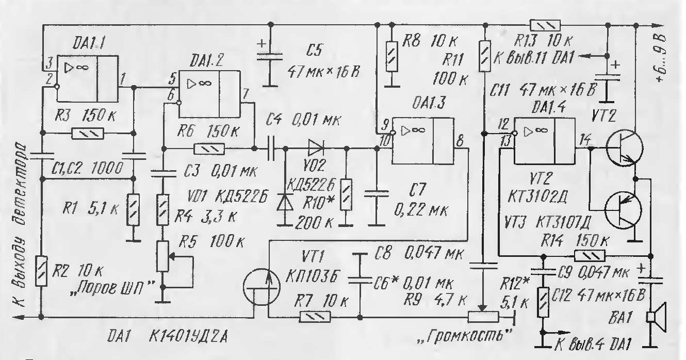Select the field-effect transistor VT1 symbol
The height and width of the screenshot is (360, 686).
[x=262, y=287]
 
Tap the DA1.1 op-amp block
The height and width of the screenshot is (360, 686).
[x=87, y=79]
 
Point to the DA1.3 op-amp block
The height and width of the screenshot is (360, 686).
[x=423, y=141]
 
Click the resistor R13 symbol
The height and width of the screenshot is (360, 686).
[x=545, y=25]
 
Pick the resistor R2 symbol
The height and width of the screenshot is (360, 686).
[x=41, y=271]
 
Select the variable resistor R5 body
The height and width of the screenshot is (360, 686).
[x=162, y=256]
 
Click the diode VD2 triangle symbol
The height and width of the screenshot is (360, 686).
[x=316, y=149]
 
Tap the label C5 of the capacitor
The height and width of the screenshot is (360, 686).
[x=314, y=50]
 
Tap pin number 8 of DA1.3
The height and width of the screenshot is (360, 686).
[x=460, y=141]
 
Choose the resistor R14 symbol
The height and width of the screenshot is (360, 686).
[x=590, y=256]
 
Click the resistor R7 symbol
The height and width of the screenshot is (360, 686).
[x=315, y=317]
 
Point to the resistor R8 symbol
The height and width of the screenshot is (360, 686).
[x=391, y=57]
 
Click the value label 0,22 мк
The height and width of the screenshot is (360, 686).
[x=421, y=210]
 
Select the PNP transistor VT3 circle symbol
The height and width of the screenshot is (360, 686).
[x=623, y=210]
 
